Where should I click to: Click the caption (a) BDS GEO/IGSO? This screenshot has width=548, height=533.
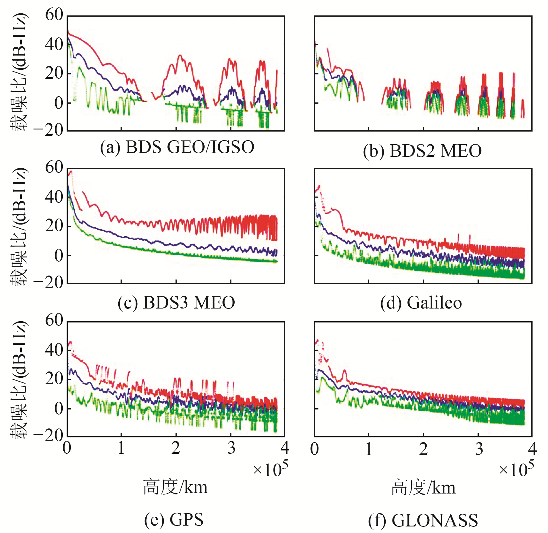pyautogui.click(x=177, y=147)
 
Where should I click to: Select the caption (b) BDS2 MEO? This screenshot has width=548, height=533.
pyautogui.click(x=422, y=151)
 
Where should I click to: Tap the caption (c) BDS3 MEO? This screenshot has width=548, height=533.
pyautogui.click(x=176, y=303)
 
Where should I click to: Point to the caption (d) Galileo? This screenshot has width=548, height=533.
pyautogui.click(x=421, y=303)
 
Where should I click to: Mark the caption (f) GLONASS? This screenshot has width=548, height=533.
pyautogui.click(x=423, y=520)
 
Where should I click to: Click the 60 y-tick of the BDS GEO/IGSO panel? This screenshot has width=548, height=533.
pyautogui.click(x=54, y=15)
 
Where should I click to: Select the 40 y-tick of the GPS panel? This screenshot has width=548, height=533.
pyautogui.click(x=54, y=350)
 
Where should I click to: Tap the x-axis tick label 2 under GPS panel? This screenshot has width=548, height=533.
pyautogui.click(x=176, y=448)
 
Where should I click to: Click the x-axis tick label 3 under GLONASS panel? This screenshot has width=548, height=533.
pyautogui.click(x=479, y=449)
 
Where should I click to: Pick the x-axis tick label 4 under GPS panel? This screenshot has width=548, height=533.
pyautogui.click(x=285, y=448)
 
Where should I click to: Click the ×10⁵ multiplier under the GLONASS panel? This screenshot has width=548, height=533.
pyautogui.click(x=516, y=469)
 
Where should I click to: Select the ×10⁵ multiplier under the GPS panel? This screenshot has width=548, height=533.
pyautogui.click(x=270, y=469)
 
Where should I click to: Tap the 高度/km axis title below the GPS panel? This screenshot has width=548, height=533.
pyautogui.click(x=175, y=487)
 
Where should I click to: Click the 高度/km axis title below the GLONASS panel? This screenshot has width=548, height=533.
pyautogui.click(x=423, y=488)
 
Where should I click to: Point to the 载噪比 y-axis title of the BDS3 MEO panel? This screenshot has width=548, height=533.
pyautogui.click(x=20, y=227)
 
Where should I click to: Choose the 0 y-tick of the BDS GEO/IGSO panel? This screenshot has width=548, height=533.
pyautogui.click(x=59, y=103)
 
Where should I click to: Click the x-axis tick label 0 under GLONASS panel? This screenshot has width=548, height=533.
pyautogui.click(x=314, y=449)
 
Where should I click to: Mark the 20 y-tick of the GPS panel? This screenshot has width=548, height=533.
pyautogui.click(x=54, y=379)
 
